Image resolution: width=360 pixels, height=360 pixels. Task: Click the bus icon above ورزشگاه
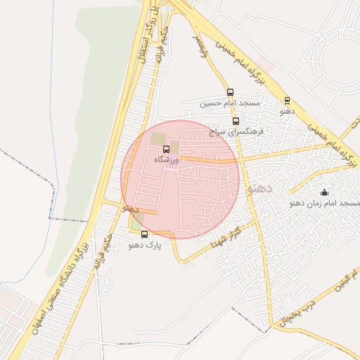click(167, 149)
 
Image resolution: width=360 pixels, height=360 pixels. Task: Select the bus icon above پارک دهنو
click(145, 235)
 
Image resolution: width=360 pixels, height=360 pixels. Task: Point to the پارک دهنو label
click(145, 246)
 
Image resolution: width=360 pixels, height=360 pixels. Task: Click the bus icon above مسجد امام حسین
click(230, 92)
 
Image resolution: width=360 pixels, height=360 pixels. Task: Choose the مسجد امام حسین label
click(229, 103)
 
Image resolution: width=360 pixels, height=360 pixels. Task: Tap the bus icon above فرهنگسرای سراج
click(236, 121)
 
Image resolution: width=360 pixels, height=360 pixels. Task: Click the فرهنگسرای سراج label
click(235, 131)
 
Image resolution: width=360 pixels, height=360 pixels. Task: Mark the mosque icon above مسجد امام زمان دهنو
click(324, 192)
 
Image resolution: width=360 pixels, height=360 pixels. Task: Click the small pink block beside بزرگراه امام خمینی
click(265, 65)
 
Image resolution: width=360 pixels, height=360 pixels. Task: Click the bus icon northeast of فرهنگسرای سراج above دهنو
click(287, 101)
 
